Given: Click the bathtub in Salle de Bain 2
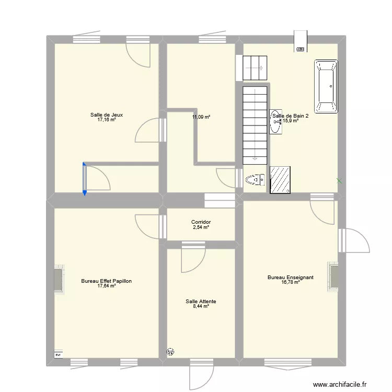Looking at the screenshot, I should click(x=326, y=86).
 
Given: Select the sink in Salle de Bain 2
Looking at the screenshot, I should click(x=275, y=122).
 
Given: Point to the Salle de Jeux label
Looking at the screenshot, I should click(x=106, y=115).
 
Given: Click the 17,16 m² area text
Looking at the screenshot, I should click(x=106, y=120).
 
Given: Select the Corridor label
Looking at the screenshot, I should click(x=201, y=222).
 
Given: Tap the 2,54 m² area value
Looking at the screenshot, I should click(x=201, y=227).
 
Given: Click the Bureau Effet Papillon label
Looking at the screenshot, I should click(x=106, y=281).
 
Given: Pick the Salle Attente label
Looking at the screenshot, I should click(x=201, y=302).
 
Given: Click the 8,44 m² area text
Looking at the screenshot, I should click(x=201, y=306).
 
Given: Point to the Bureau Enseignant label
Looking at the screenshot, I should click(x=290, y=278).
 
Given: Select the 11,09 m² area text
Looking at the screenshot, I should click(x=201, y=117).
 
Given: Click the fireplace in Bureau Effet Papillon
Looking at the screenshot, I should click(x=59, y=279).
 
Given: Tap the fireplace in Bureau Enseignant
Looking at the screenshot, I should click(x=333, y=276).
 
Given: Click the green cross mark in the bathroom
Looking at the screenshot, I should click(x=339, y=181).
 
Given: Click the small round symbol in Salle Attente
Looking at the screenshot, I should click(x=170, y=352).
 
